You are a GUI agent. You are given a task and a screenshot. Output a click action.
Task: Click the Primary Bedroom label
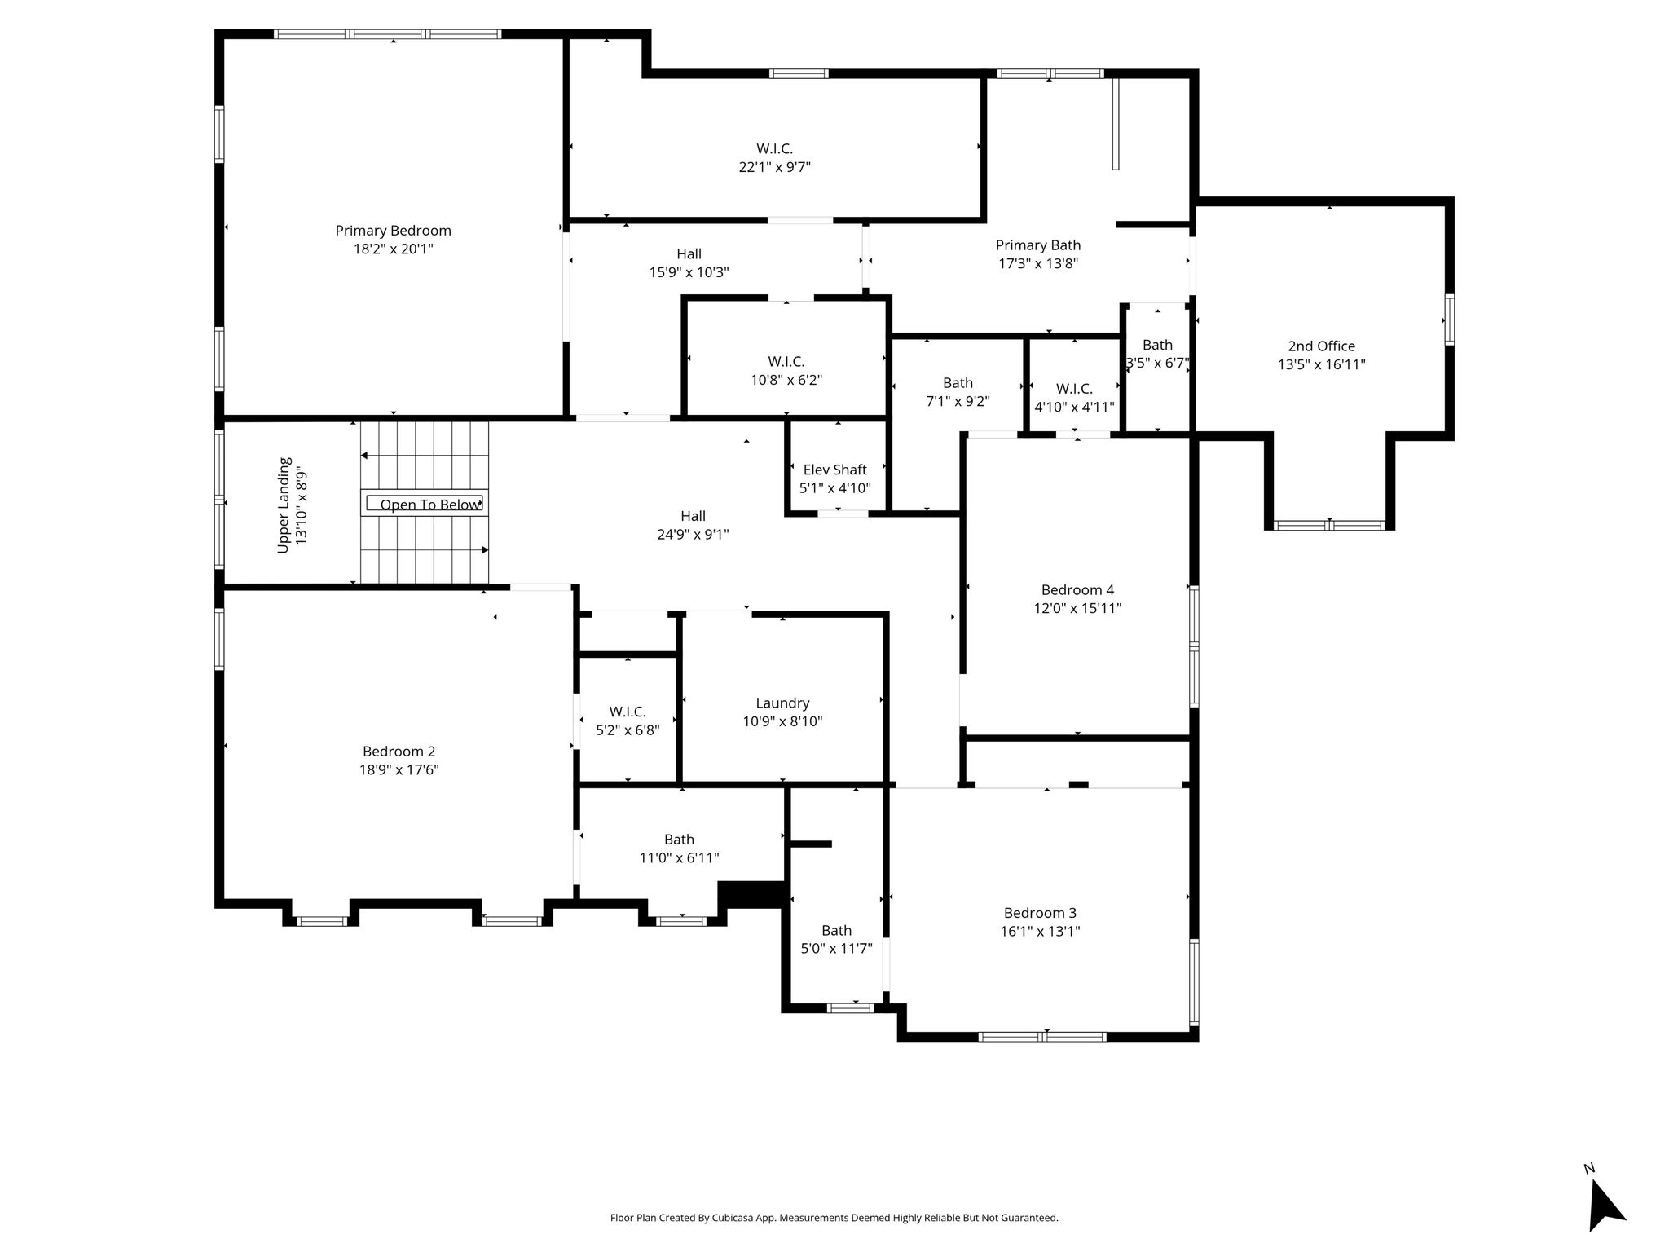tap(393, 231)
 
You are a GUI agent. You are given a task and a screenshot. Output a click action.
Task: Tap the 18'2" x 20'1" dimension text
tap(393, 249)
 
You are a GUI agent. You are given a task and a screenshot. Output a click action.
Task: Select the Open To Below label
tap(429, 505)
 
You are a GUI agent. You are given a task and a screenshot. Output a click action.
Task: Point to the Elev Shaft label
tap(834, 469)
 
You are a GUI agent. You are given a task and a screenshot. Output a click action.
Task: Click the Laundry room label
tap(782, 703)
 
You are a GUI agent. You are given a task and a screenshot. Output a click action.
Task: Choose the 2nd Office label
tap(1321, 346)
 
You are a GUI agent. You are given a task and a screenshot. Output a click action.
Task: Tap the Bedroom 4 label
tap(1077, 590)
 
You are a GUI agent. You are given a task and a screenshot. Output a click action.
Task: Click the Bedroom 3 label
tap(1040, 913)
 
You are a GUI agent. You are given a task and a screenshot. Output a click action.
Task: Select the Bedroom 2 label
tap(399, 752)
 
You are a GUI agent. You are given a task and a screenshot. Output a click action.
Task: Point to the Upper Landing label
tap(284, 505)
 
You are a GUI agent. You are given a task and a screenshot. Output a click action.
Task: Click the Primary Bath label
tap(1038, 245)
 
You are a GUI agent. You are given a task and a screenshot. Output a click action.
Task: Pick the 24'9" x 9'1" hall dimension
tap(693, 535)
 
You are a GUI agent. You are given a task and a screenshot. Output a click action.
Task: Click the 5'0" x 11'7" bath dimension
tap(836, 949)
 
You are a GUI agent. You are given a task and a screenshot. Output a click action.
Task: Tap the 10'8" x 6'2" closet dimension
tap(786, 380)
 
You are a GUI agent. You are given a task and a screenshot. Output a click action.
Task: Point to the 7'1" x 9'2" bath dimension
tap(958, 402)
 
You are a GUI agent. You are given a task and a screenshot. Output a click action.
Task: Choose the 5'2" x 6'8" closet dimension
tap(628, 730)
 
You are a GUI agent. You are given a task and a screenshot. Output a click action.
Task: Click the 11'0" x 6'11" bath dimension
tap(679, 858)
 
